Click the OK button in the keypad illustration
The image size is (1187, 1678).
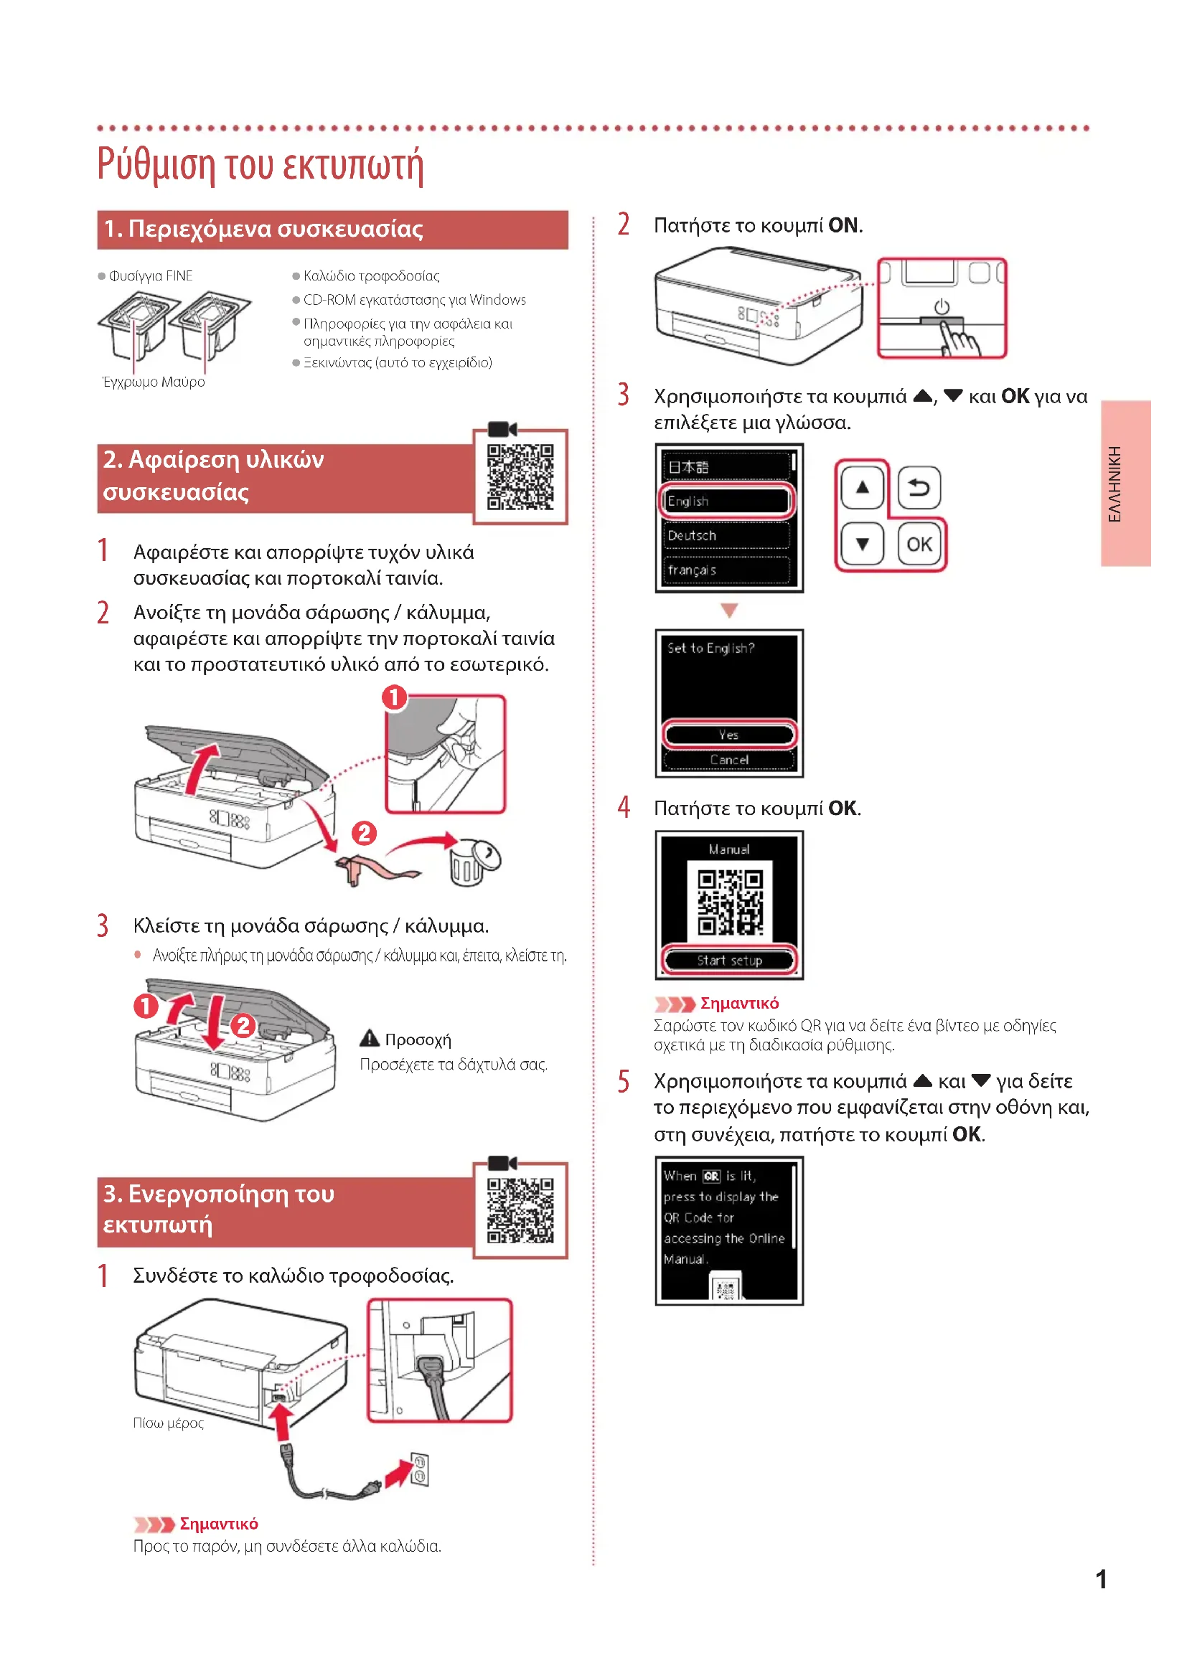click(x=919, y=544)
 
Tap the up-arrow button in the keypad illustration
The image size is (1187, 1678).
click(x=863, y=487)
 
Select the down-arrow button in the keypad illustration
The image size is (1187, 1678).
click(x=863, y=544)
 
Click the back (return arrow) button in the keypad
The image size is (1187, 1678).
click(x=919, y=487)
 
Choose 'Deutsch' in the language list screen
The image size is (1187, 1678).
click(x=726, y=536)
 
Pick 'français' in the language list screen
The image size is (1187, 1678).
click(x=726, y=570)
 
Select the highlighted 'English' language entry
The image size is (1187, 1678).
click(x=726, y=501)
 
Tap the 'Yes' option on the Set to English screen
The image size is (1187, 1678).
click(x=728, y=735)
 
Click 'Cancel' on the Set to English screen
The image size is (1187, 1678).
click(x=728, y=760)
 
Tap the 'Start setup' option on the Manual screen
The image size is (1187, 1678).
click(x=728, y=961)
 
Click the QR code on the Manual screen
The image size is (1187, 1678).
click(x=729, y=902)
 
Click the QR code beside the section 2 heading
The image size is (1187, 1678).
click(x=520, y=476)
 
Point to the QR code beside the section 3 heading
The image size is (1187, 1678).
click(x=520, y=1210)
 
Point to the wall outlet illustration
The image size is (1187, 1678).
click(x=421, y=1470)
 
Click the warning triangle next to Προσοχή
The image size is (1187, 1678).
click(x=370, y=1039)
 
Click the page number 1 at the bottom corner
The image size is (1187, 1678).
click(x=1101, y=1579)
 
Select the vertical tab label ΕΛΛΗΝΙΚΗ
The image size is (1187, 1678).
click(x=1115, y=484)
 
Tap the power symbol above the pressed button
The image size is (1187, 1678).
click(x=942, y=307)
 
